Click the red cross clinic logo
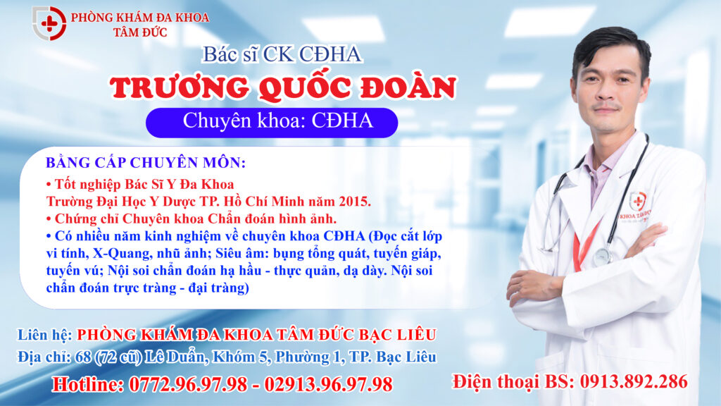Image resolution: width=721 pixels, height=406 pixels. (x=49, y=23)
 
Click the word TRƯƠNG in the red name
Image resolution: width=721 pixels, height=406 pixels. (x=180, y=87)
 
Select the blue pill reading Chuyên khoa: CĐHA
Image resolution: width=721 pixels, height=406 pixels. (x=272, y=123)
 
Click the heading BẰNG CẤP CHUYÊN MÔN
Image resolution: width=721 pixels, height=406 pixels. (x=146, y=163)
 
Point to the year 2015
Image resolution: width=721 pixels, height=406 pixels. (x=355, y=201)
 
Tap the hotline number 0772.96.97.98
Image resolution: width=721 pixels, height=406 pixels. (x=188, y=384)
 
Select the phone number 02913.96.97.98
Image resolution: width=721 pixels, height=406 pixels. (x=328, y=384)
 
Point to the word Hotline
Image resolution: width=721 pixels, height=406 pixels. (x=87, y=384)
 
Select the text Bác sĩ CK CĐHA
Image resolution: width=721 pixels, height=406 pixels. (x=282, y=54)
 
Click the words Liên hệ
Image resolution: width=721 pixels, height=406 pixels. (x=44, y=334)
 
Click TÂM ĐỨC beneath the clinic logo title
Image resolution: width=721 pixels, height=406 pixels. (x=140, y=32)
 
